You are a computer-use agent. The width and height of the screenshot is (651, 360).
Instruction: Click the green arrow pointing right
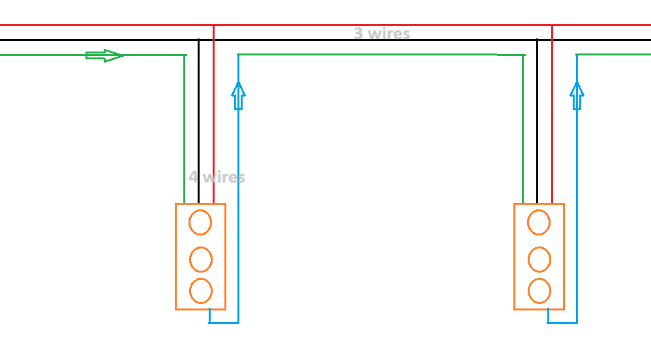[x=104, y=55]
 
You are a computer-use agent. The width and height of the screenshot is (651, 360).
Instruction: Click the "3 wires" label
[x=382, y=33]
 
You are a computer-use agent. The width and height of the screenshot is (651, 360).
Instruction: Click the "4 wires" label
[x=217, y=177]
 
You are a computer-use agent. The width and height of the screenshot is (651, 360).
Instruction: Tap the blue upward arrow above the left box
[x=239, y=95]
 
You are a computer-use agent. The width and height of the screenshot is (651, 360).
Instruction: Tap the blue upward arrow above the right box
[x=577, y=95]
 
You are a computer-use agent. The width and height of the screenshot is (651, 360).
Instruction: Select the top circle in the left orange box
[x=200, y=222]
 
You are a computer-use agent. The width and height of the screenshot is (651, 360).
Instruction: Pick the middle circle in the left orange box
[x=200, y=260]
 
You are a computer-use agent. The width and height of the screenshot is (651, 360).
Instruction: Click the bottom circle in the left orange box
[x=200, y=290]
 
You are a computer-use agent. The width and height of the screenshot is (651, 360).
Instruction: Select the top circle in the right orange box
[x=539, y=222]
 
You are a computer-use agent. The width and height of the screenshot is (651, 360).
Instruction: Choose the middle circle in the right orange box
[x=539, y=260]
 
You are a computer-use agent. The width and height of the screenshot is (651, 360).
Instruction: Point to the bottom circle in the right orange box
[x=539, y=291]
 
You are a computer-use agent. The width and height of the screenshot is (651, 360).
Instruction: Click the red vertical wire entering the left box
[x=213, y=130]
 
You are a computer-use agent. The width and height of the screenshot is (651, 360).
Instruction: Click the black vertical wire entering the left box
[x=198, y=130]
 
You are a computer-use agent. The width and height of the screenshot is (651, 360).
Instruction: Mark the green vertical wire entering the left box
[x=185, y=130]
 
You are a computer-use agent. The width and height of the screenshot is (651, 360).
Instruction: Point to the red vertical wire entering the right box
[x=552, y=130]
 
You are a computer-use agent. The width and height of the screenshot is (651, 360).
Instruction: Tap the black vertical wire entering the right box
[x=537, y=130]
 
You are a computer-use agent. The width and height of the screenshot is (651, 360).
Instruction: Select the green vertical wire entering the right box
[x=523, y=130]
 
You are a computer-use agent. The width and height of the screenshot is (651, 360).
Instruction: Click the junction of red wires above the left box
[x=213, y=25]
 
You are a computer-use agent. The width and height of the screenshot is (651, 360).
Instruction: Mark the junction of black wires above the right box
[x=537, y=40]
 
